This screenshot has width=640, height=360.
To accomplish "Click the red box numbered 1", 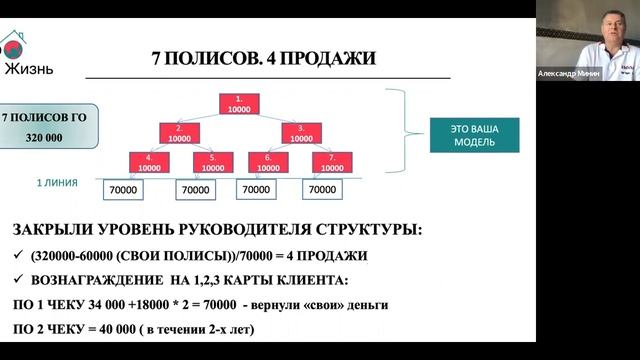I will click(238, 102).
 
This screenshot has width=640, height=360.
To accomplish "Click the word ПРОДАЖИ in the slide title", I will click(328, 58).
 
